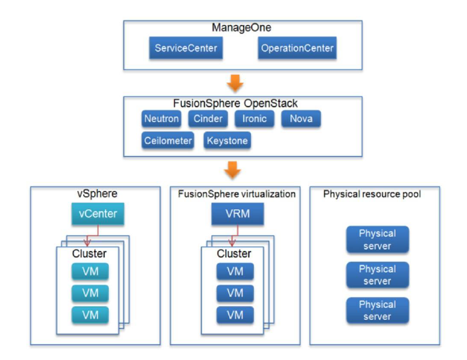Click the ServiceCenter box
click(x=186, y=48)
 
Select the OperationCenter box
click(x=297, y=48)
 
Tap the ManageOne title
click(x=242, y=28)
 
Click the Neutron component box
click(x=161, y=119)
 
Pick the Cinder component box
click(x=208, y=119)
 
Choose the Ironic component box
click(x=254, y=119)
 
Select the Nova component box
click(x=301, y=119)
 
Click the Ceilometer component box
click(x=168, y=141)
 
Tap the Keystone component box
click(x=227, y=141)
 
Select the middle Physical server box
click(x=377, y=275)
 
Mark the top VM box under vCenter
click(x=90, y=272)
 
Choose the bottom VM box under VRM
click(x=235, y=315)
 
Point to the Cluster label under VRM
click(x=233, y=254)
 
